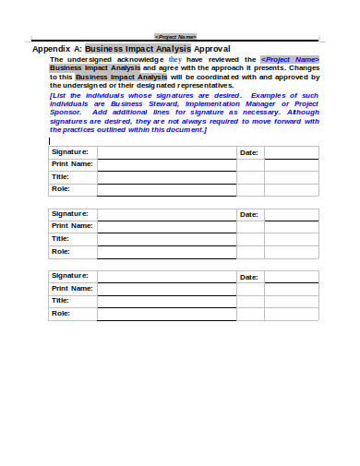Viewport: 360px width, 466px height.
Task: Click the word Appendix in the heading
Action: (x=56, y=49)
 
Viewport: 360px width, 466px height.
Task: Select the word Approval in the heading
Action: (x=212, y=49)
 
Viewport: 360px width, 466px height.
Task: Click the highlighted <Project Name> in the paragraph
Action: (x=289, y=59)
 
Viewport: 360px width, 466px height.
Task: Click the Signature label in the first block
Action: (x=70, y=150)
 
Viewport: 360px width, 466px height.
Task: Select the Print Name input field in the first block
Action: (x=166, y=163)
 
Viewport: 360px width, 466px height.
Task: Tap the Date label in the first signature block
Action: (x=249, y=151)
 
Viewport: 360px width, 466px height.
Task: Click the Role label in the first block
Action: (x=61, y=188)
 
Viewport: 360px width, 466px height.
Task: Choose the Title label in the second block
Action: (x=61, y=238)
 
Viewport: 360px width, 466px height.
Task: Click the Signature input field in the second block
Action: (x=166, y=213)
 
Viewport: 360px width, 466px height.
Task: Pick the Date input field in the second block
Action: (x=291, y=213)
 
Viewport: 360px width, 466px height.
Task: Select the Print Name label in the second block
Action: (x=72, y=225)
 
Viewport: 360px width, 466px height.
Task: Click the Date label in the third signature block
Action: (x=249, y=276)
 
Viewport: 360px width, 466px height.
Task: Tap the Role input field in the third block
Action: (x=166, y=313)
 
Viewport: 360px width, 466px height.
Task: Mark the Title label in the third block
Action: (x=61, y=300)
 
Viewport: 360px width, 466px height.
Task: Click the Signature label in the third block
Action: (x=70, y=275)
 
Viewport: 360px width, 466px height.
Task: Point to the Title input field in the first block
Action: (x=166, y=176)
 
